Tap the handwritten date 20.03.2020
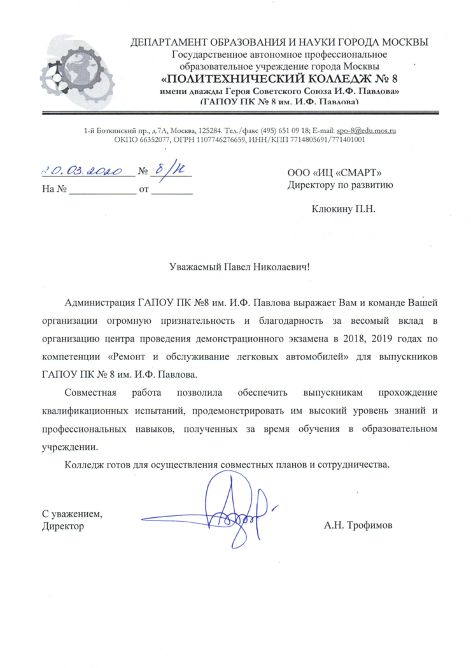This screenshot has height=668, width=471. tap(87, 170)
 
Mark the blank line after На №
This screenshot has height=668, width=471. tap(102, 189)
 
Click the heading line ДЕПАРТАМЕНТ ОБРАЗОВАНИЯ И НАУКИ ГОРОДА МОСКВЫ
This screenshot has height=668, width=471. tap(279, 43)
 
